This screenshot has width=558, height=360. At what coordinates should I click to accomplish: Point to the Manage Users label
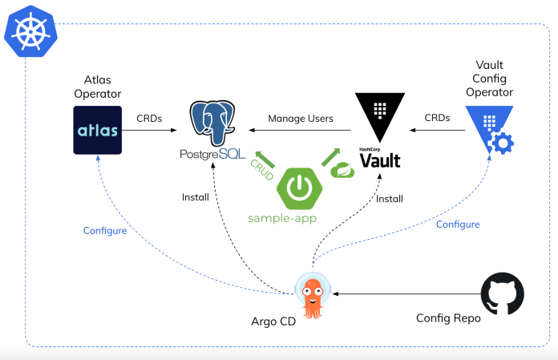(x=301, y=119)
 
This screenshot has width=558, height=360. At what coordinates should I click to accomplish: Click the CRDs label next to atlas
(x=149, y=118)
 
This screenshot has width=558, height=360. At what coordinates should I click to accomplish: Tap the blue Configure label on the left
(x=104, y=230)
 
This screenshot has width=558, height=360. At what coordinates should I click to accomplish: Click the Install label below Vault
(x=389, y=197)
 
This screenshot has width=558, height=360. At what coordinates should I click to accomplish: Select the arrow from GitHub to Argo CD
(x=401, y=294)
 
